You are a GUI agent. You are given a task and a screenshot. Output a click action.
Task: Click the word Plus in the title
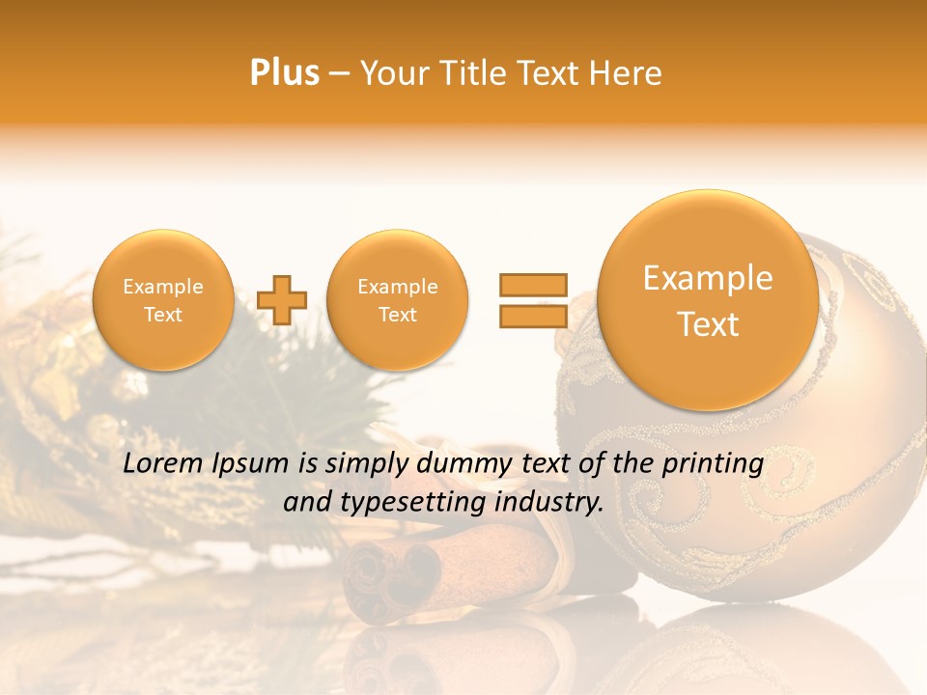[x=284, y=73]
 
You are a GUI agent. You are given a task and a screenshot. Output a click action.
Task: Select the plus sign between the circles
[x=282, y=300]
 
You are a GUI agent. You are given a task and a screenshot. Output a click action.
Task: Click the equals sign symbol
[x=532, y=300]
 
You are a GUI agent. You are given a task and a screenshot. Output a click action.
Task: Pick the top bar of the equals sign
[x=532, y=285]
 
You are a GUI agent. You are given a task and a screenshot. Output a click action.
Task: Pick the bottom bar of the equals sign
[x=532, y=317]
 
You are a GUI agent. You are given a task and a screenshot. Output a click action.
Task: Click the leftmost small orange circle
[x=162, y=300]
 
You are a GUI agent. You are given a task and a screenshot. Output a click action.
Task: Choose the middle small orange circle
[x=397, y=300]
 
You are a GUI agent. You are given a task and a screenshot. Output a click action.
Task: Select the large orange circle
[x=708, y=300]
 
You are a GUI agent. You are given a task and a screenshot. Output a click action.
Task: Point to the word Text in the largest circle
[x=708, y=324]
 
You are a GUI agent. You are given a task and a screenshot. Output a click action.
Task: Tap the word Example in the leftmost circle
[x=162, y=287]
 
